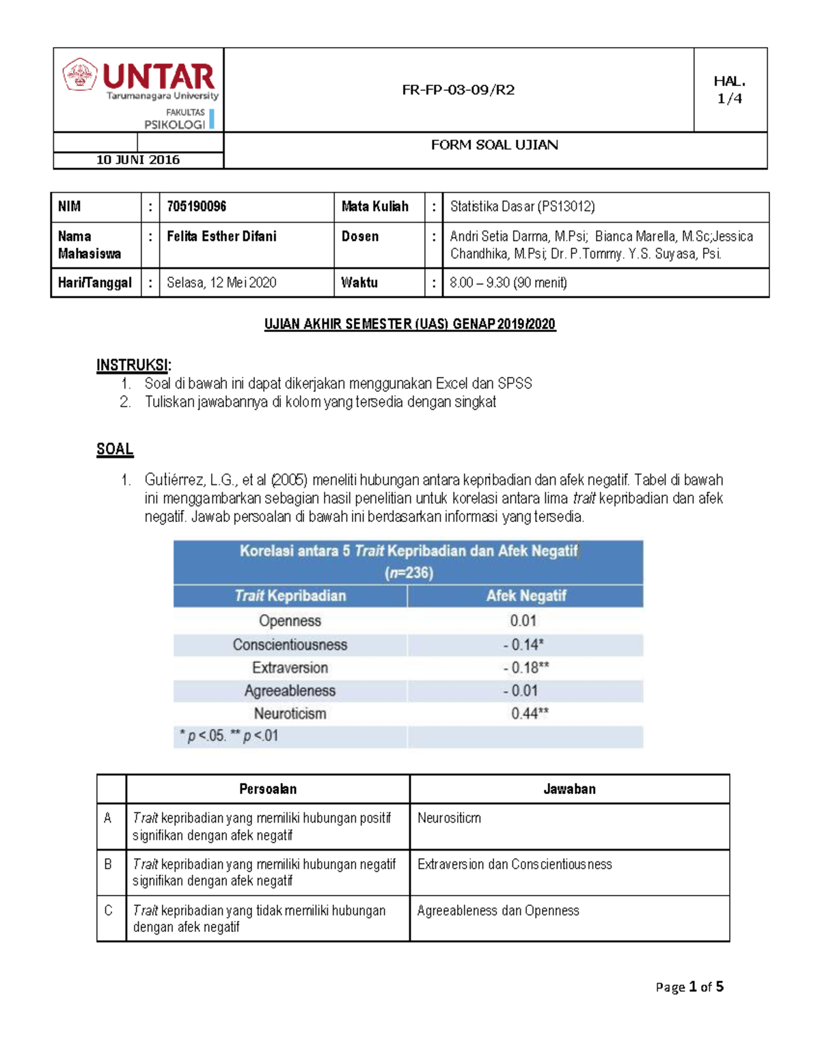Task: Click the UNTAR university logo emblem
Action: click(80, 74)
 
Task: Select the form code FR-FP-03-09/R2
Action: click(458, 89)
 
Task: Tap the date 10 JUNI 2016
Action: click(137, 160)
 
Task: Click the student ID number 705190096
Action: click(196, 206)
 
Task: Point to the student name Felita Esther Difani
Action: click(221, 236)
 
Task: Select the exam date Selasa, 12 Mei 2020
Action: click(221, 283)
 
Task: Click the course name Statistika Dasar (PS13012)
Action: click(522, 206)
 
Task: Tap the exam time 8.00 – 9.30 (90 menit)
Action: click(508, 283)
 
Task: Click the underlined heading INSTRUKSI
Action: click(133, 365)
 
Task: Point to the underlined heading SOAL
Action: click(115, 449)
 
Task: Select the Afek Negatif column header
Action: click(525, 596)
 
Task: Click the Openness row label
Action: click(290, 620)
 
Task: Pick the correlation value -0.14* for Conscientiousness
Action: click(523, 644)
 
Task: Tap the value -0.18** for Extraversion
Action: click(525, 667)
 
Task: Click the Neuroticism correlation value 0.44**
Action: click(530, 713)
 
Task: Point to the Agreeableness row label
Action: click(290, 691)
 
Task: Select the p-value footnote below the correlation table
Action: click(229, 736)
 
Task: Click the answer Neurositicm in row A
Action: click(449, 818)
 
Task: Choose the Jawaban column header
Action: click(569, 789)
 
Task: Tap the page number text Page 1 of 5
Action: click(689, 987)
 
